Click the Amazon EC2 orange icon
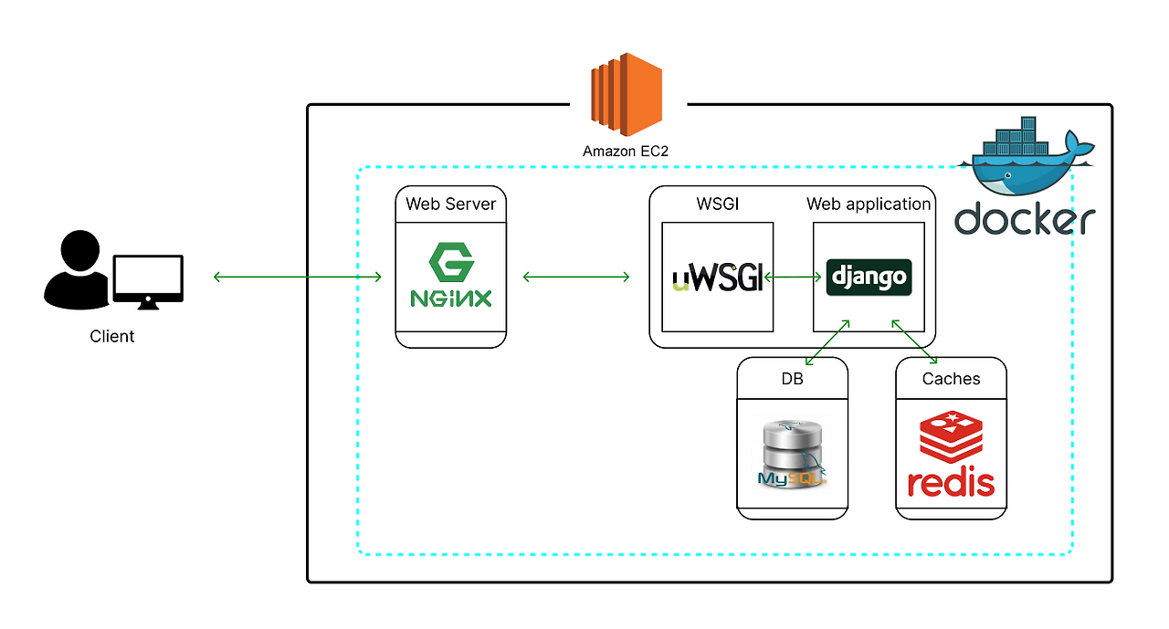click(626, 95)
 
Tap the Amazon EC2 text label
click(626, 152)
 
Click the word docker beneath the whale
click(1024, 219)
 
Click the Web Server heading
click(450, 204)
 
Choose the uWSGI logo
click(717, 277)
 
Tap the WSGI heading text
click(717, 204)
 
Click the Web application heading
click(869, 204)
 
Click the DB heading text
click(792, 379)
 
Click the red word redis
click(951, 483)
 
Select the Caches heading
click(951, 379)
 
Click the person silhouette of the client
click(76, 268)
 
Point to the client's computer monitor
click(147, 278)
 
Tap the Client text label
click(112, 336)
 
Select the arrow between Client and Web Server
click(298, 277)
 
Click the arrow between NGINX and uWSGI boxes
click(576, 277)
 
